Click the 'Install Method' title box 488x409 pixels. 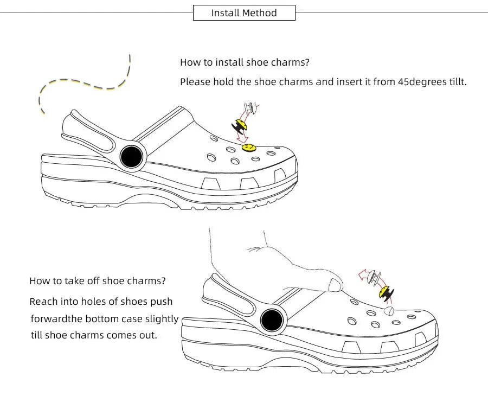[x=244, y=13]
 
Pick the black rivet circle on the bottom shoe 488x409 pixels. [x=272, y=320]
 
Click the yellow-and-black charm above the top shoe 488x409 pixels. [x=240, y=126]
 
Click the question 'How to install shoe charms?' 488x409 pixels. [x=245, y=62]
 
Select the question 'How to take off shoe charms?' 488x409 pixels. [x=98, y=281]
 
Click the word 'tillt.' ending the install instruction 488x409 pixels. [x=454, y=82]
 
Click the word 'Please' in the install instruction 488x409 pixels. [x=194, y=82]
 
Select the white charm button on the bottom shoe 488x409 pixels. [x=389, y=311]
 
